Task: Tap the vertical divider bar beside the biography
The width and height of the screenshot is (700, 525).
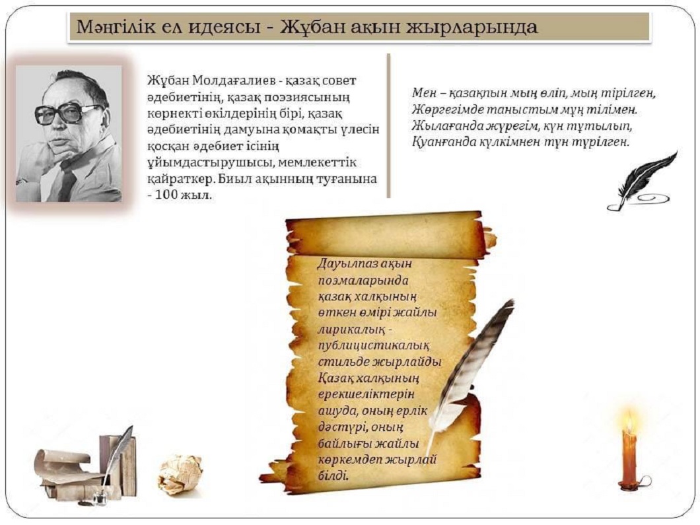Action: click(x=388, y=125)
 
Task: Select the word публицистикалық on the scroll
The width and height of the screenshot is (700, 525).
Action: click(x=374, y=347)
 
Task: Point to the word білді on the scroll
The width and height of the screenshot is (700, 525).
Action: click(x=333, y=475)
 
